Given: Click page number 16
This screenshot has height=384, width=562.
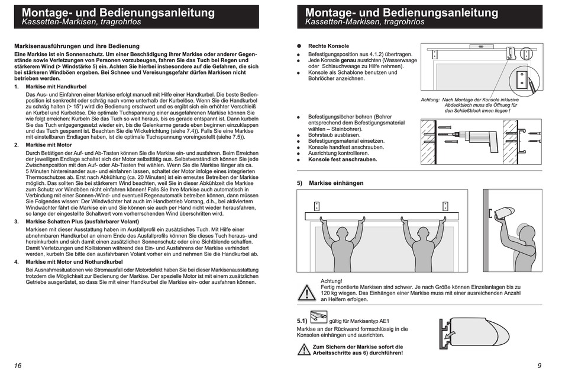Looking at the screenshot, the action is pyautogui.click(x=18, y=366).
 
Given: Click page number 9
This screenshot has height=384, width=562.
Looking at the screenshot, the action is pyautogui.click(x=540, y=366).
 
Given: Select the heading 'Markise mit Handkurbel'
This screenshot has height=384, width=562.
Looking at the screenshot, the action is pyautogui.click(x=56, y=87).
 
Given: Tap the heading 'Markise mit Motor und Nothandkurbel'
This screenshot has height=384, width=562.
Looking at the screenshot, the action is pyautogui.click(x=74, y=262).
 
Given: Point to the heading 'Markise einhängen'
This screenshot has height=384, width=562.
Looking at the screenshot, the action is pyautogui.click(x=336, y=183).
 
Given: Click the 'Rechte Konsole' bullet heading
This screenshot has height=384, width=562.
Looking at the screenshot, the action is pyautogui.click(x=328, y=46).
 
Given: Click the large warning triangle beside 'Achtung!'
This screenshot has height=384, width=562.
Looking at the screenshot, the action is pyautogui.click(x=306, y=292).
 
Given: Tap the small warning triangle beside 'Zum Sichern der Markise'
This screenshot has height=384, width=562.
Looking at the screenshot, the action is pyautogui.click(x=303, y=350).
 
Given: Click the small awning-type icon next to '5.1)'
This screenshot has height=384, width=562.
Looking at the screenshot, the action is pyautogui.click(x=319, y=316).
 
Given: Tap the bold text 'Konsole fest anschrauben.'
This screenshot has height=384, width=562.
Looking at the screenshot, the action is pyautogui.click(x=343, y=159).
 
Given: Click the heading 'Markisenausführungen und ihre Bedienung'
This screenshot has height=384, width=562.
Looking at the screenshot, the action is pyautogui.click(x=77, y=46).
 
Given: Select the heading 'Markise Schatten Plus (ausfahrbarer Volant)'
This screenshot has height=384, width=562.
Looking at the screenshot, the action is pyautogui.click(x=82, y=222).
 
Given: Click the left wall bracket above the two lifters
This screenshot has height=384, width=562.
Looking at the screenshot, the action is pyautogui.click(x=316, y=206).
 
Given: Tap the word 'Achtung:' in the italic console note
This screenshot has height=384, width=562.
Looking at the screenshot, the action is pyautogui.click(x=430, y=100).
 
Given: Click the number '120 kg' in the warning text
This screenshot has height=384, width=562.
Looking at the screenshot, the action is pyautogui.click(x=329, y=293).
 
